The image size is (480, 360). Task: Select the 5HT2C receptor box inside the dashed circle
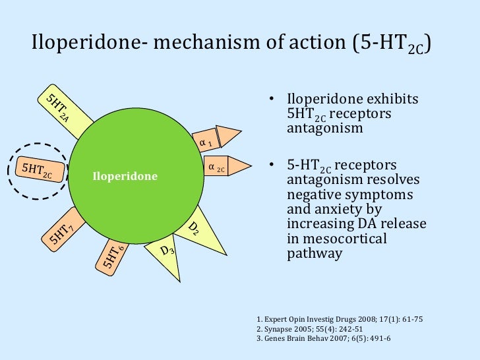(38, 170)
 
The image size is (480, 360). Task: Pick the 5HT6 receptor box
(111, 253)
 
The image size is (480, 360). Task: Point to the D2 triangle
(195, 227)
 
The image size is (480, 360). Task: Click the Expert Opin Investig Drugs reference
(339, 320)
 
